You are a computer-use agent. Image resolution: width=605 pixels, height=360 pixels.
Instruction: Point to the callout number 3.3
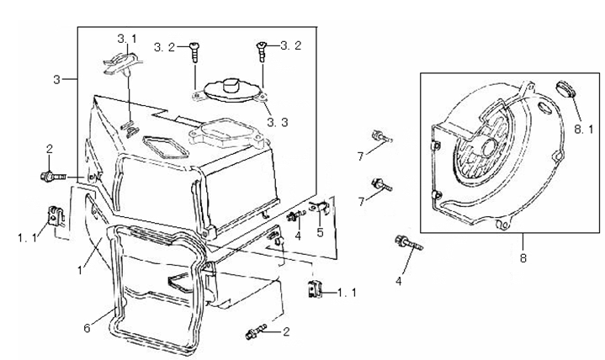click(x=279, y=122)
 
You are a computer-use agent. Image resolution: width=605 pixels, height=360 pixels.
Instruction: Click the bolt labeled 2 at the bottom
click(x=252, y=333)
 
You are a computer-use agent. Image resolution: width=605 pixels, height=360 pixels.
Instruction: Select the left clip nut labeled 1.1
click(x=57, y=214)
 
